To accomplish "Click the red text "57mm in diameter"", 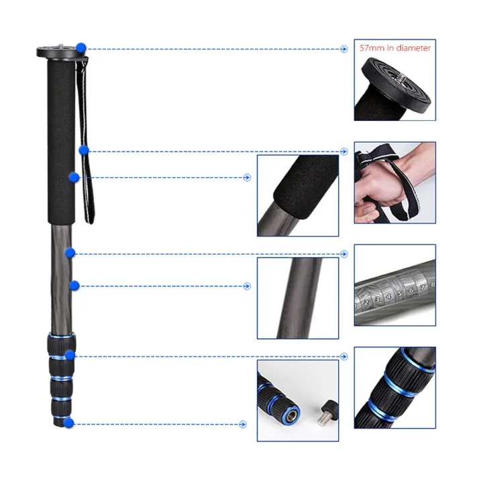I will [x=395, y=48].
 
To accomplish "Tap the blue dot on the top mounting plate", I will [x=81, y=48].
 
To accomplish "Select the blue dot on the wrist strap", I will [x=84, y=150].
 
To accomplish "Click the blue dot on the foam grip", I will [x=74, y=177].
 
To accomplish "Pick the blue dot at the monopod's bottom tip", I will [x=69, y=423].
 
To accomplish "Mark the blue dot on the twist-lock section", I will [x=70, y=355].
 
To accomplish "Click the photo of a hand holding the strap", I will [x=394, y=182].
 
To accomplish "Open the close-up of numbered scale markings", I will [x=394, y=285].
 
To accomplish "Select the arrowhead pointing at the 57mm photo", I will [x=344, y=49].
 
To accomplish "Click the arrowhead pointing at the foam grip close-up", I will [x=247, y=178].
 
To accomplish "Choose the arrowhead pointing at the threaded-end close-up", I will [x=244, y=424].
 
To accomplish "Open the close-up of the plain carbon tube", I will [x=298, y=298].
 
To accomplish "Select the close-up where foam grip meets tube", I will [x=298, y=195].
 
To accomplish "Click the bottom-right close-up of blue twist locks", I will [x=394, y=388].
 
